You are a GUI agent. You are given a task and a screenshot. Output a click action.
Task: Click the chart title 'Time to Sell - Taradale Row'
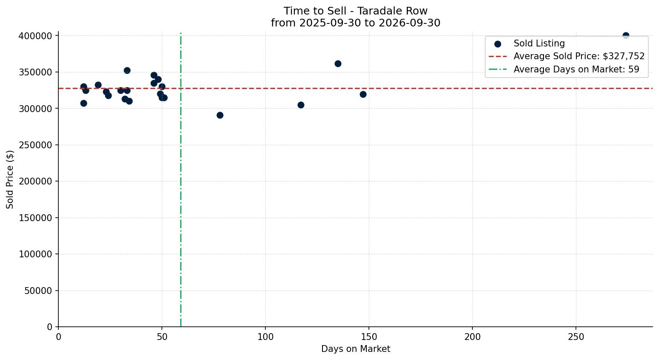(355, 11)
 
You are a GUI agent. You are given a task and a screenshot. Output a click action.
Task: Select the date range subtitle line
(355, 23)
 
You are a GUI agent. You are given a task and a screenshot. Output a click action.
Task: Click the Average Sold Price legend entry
(567, 56)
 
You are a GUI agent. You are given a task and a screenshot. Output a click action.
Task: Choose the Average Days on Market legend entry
(564, 69)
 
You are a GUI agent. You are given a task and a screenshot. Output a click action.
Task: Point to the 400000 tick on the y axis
(35, 36)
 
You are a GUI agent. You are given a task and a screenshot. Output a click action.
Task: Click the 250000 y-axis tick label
(35, 145)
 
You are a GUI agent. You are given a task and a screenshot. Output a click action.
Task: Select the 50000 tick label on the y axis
(38, 291)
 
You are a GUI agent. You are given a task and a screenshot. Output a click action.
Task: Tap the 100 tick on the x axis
(265, 337)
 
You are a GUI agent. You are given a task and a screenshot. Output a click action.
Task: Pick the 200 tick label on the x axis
(472, 337)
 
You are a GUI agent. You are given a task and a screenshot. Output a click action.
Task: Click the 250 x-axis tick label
(576, 337)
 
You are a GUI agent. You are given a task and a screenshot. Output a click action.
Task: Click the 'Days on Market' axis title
(355, 349)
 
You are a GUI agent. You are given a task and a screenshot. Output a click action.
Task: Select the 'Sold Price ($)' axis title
(10, 179)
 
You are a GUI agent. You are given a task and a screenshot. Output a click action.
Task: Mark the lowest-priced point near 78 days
(220, 115)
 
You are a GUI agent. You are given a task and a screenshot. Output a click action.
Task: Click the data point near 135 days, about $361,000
(338, 64)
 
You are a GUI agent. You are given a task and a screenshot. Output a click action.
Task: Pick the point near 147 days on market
(363, 95)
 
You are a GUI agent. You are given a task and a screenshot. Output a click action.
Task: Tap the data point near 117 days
(301, 105)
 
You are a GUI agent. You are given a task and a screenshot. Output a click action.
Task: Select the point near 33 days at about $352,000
(127, 71)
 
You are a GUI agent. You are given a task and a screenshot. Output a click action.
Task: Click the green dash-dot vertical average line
(181, 179)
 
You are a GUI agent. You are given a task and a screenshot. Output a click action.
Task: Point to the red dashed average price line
(355, 88)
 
